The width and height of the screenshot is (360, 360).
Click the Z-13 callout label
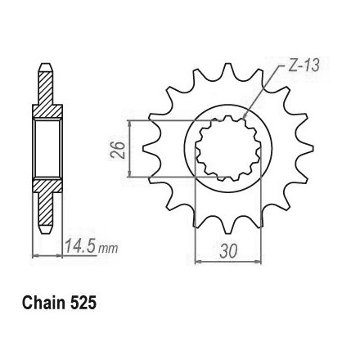(x=304, y=66)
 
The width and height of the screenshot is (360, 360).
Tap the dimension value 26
(x=118, y=150)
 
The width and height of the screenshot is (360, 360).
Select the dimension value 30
(x=228, y=251)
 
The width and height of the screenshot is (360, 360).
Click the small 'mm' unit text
(x=109, y=248)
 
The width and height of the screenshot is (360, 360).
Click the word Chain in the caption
(x=43, y=303)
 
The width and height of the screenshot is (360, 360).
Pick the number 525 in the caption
(x=83, y=303)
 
